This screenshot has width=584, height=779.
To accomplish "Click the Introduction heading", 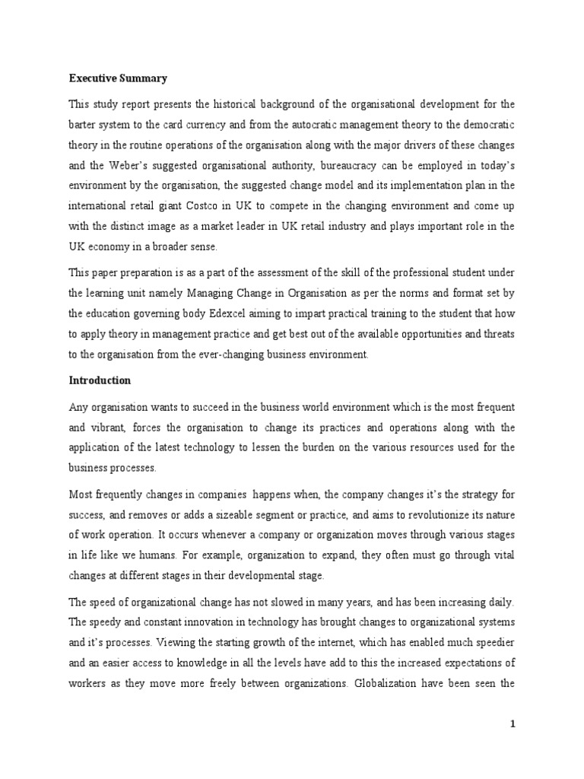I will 100,380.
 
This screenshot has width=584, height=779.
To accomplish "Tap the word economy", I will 128,247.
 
